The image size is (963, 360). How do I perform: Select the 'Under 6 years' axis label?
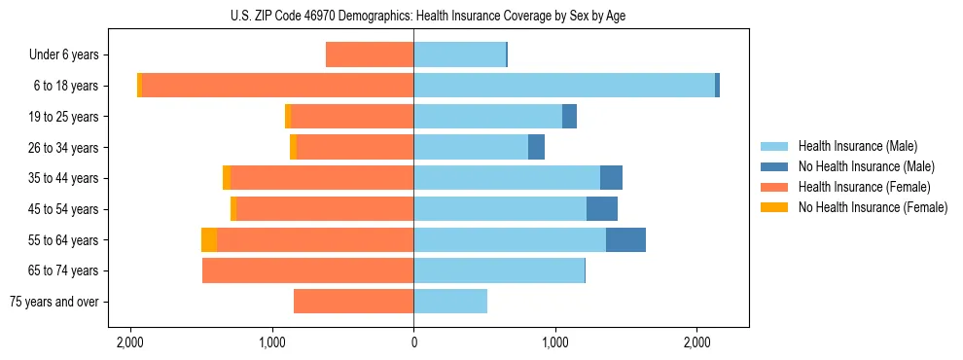[x=63, y=55]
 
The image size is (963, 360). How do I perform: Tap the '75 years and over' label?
[x=53, y=302]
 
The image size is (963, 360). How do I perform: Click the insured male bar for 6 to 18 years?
[x=564, y=86]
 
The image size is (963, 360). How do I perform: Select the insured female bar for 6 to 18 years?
[x=277, y=86]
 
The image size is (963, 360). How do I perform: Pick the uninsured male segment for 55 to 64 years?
[x=625, y=239]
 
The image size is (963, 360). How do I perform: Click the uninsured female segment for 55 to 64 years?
[x=209, y=239]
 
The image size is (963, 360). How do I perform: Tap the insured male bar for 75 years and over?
[x=450, y=302]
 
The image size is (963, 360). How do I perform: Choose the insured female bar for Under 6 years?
[x=370, y=54]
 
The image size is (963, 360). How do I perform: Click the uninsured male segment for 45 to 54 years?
[x=602, y=209]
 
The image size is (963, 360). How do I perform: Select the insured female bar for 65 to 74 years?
[x=307, y=270]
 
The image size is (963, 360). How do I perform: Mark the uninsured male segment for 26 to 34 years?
[x=536, y=147]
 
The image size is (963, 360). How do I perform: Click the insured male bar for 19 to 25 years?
[x=487, y=117]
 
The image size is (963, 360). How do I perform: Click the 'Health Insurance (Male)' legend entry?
[x=857, y=147]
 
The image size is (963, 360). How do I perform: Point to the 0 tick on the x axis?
[x=413, y=342]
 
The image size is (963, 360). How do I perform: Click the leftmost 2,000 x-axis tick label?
[x=130, y=342]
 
